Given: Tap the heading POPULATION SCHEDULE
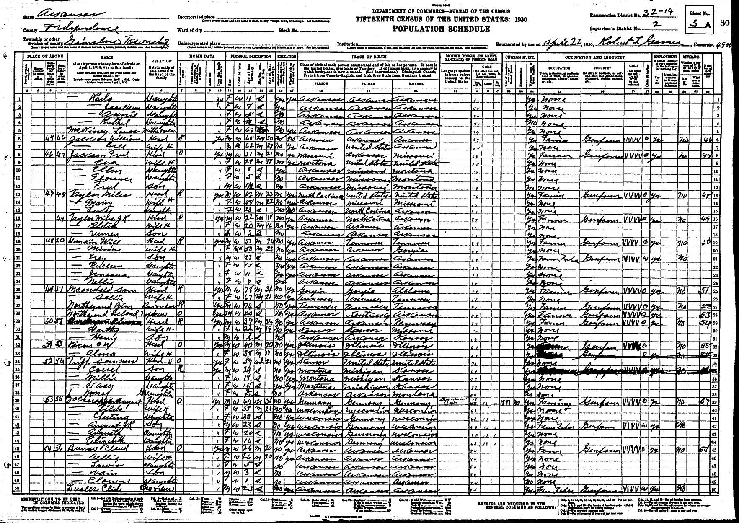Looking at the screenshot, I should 441,28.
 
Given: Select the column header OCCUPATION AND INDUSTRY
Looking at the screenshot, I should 594,57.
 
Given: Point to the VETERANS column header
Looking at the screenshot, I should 691,57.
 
